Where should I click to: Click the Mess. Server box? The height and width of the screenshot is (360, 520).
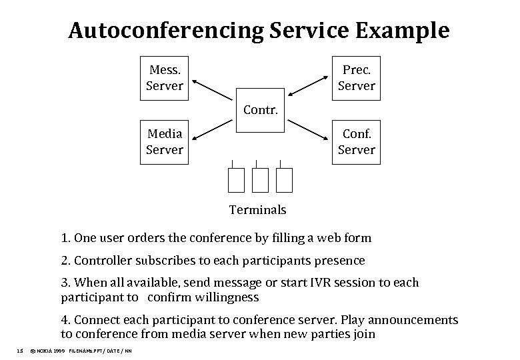click(164, 78)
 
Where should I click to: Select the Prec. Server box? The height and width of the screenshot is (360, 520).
click(356, 78)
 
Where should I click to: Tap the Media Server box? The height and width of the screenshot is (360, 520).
click(164, 142)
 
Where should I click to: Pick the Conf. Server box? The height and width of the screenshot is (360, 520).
click(356, 142)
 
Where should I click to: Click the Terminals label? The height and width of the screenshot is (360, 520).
click(257, 210)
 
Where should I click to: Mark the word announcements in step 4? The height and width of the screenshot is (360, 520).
click(417, 320)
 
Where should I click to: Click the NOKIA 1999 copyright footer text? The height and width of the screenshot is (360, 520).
click(48, 350)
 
